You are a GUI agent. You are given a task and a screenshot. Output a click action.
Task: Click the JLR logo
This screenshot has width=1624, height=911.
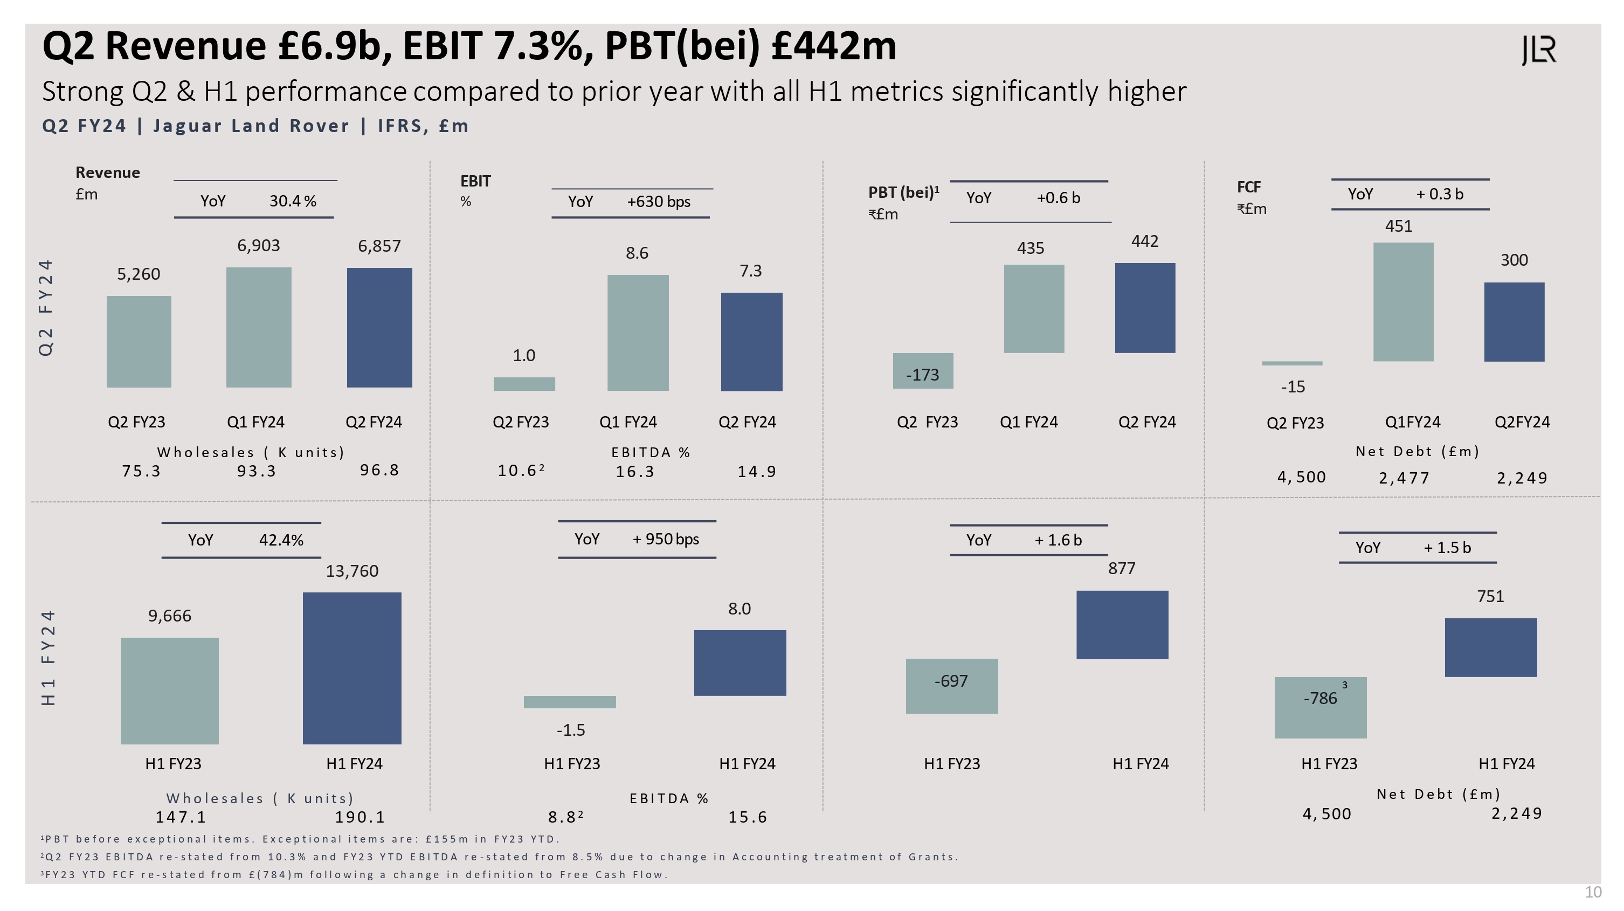coord(1539,51)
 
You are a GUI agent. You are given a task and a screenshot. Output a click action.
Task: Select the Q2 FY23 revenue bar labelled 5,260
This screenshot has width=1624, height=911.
coord(139,341)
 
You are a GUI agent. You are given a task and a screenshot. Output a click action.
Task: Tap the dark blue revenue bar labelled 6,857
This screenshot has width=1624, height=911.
coord(379,327)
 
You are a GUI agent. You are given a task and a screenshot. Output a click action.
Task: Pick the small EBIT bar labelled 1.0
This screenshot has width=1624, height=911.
coord(524,384)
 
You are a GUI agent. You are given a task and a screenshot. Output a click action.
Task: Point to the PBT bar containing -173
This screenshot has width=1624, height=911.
coord(923,371)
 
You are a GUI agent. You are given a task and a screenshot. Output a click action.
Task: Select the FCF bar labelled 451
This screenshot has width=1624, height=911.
coord(1404,302)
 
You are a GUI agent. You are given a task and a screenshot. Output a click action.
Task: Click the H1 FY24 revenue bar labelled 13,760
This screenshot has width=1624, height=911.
coord(352,668)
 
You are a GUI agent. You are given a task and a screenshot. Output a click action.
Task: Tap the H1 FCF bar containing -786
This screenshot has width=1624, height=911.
coord(1320,707)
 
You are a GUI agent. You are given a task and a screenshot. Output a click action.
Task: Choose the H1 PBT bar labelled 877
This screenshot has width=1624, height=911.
coord(1122,625)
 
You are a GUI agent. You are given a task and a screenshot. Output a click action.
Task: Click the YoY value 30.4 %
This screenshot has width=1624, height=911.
coord(293,201)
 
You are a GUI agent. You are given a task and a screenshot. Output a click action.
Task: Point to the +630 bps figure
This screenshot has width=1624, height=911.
coord(658,202)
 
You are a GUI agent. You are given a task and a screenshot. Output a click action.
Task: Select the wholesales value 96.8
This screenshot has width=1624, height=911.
coord(379,470)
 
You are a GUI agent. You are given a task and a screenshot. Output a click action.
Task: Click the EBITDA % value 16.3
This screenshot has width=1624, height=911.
coord(635,472)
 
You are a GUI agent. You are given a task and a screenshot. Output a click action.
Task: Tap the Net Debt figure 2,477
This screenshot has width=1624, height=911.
coord(1404,478)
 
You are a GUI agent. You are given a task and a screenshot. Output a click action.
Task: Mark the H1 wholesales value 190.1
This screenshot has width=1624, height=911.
coord(360,817)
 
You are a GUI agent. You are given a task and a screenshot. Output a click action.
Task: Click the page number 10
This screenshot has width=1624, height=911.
coord(1593,892)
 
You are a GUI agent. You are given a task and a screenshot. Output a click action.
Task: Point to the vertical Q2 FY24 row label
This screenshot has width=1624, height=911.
coord(46,308)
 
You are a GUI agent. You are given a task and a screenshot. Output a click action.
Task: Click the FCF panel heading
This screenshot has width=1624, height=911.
coord(1248,187)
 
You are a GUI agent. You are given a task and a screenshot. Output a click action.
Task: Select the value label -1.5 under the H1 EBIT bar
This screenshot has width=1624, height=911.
coord(571,730)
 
